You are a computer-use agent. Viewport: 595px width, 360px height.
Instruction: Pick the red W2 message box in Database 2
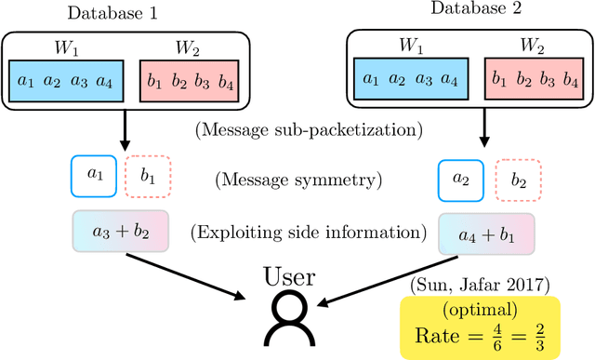tap(532, 80)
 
